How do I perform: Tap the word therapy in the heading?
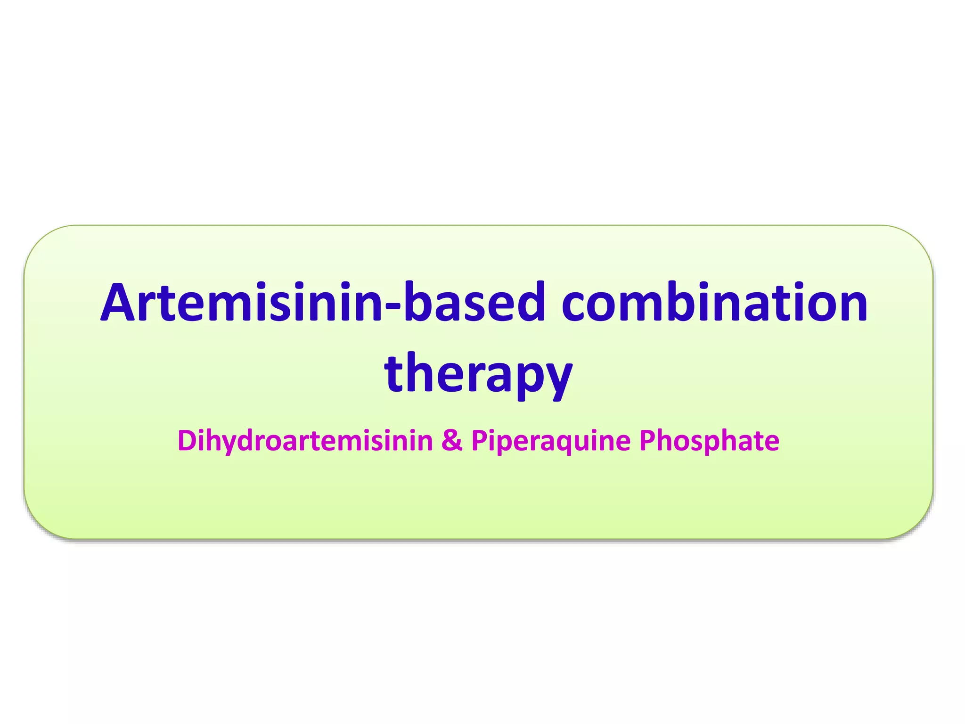(478, 374)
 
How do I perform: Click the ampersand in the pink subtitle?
(452, 441)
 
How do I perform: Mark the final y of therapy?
(556, 379)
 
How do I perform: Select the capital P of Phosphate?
(647, 441)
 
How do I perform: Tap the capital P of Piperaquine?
(479, 441)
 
